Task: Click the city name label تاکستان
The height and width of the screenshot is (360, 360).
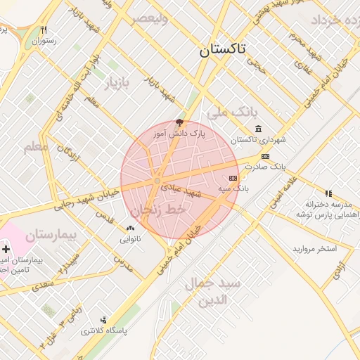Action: (x=222, y=49)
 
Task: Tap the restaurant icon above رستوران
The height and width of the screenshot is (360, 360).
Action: (x=44, y=30)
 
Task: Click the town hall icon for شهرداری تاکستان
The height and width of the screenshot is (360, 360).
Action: (x=259, y=129)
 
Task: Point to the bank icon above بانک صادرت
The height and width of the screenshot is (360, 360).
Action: (x=265, y=156)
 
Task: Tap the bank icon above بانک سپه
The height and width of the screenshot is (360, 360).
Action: (x=233, y=179)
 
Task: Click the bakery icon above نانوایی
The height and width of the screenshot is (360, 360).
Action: (x=130, y=228)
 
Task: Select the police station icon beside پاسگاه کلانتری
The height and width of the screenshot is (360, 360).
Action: (x=104, y=320)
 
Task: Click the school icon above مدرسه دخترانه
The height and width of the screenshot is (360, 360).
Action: (x=328, y=193)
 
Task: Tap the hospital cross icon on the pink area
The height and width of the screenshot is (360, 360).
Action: (x=6, y=250)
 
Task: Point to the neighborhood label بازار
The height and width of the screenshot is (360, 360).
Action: (x=117, y=84)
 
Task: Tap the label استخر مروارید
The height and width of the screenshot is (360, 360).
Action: (x=314, y=250)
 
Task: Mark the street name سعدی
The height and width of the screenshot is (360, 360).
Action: (x=42, y=284)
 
